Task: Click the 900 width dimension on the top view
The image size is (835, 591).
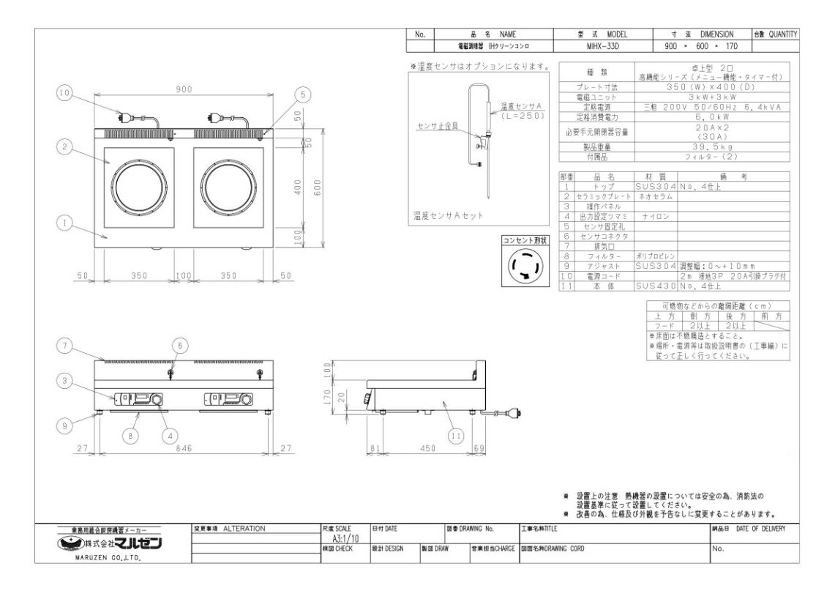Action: click(183, 89)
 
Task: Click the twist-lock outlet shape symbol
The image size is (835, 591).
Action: click(526, 267)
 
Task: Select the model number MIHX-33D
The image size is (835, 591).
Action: click(602, 45)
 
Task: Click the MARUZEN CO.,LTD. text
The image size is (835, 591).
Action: click(111, 558)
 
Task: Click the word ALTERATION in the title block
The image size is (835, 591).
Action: click(244, 528)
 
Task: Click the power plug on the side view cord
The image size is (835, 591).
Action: click(518, 414)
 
